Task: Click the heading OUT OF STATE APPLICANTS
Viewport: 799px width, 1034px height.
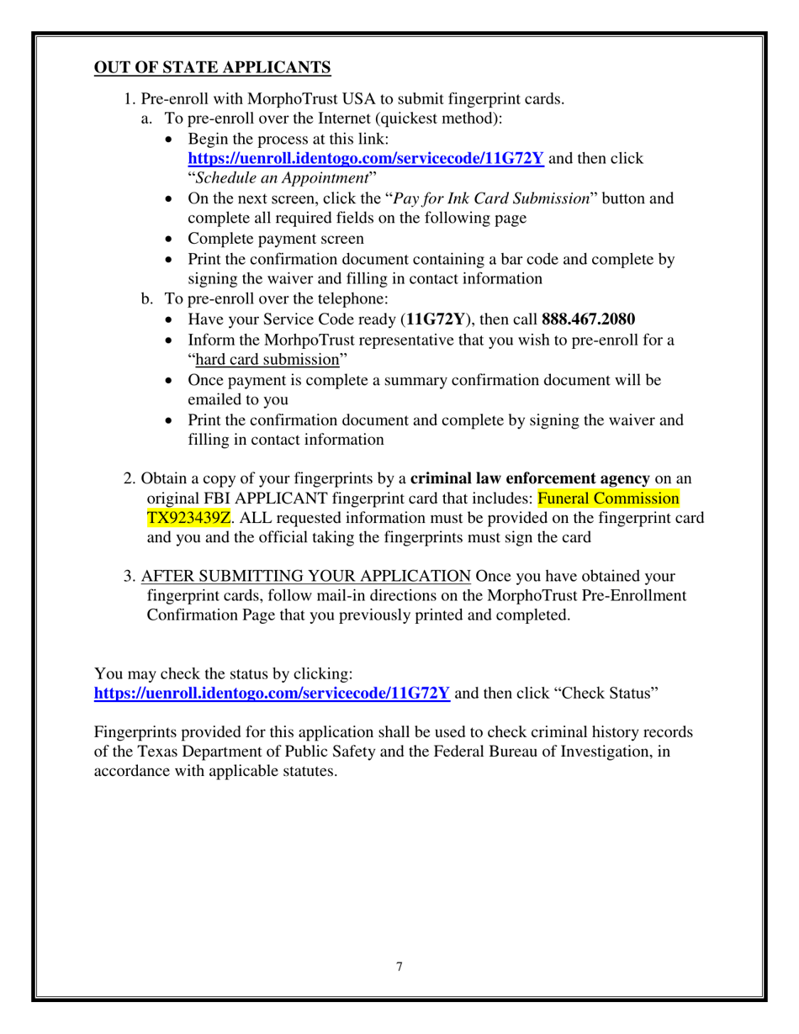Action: coord(212,67)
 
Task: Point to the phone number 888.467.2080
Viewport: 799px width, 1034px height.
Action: coord(589,319)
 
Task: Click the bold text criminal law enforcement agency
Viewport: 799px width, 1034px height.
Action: coord(529,479)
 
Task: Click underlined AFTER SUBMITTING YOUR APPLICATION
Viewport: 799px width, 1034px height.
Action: coord(306,577)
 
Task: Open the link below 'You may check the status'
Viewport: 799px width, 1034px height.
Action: coord(272,694)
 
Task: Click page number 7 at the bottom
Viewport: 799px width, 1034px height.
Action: coord(399,967)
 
